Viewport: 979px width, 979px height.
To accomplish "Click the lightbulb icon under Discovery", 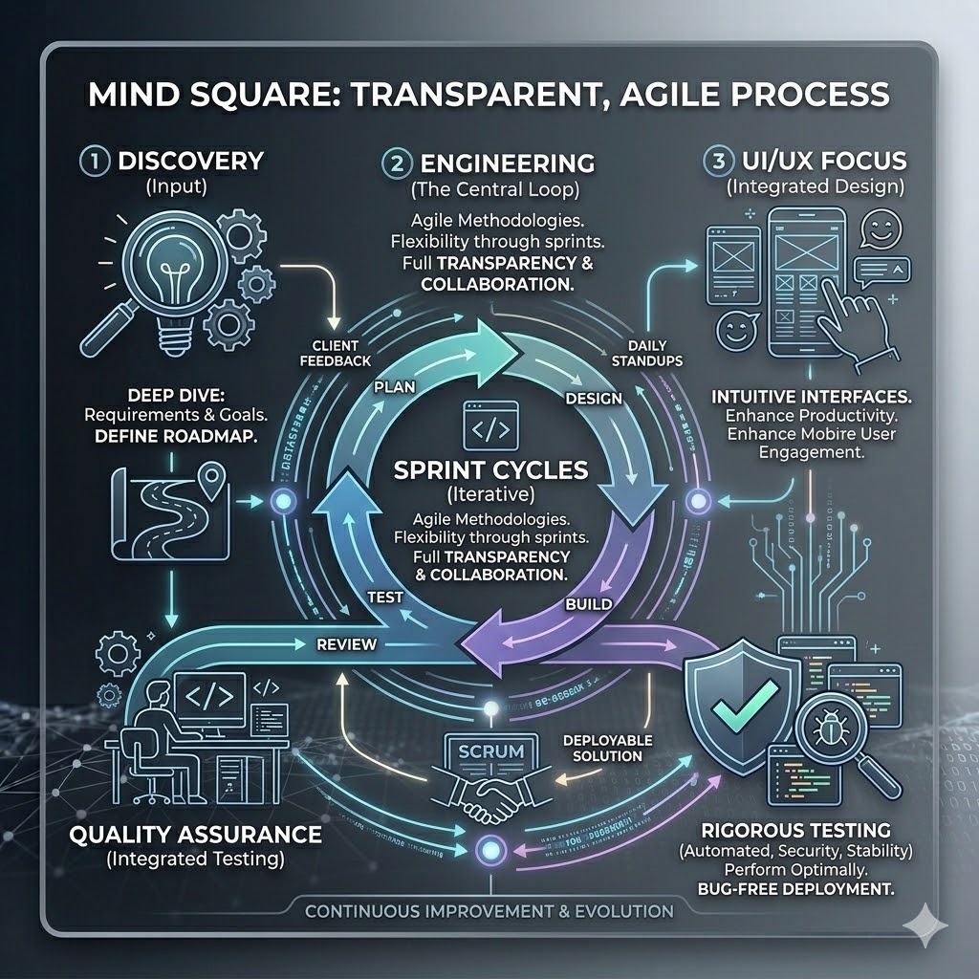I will pos(162,272).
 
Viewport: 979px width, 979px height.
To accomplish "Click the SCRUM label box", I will pos(491,751).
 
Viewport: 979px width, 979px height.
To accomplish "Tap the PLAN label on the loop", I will pos(394,388).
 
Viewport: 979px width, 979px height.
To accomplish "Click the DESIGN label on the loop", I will pos(594,398).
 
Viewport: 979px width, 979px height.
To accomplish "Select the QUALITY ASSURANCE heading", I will pos(195,834).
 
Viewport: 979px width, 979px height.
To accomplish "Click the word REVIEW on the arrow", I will pos(346,644).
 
